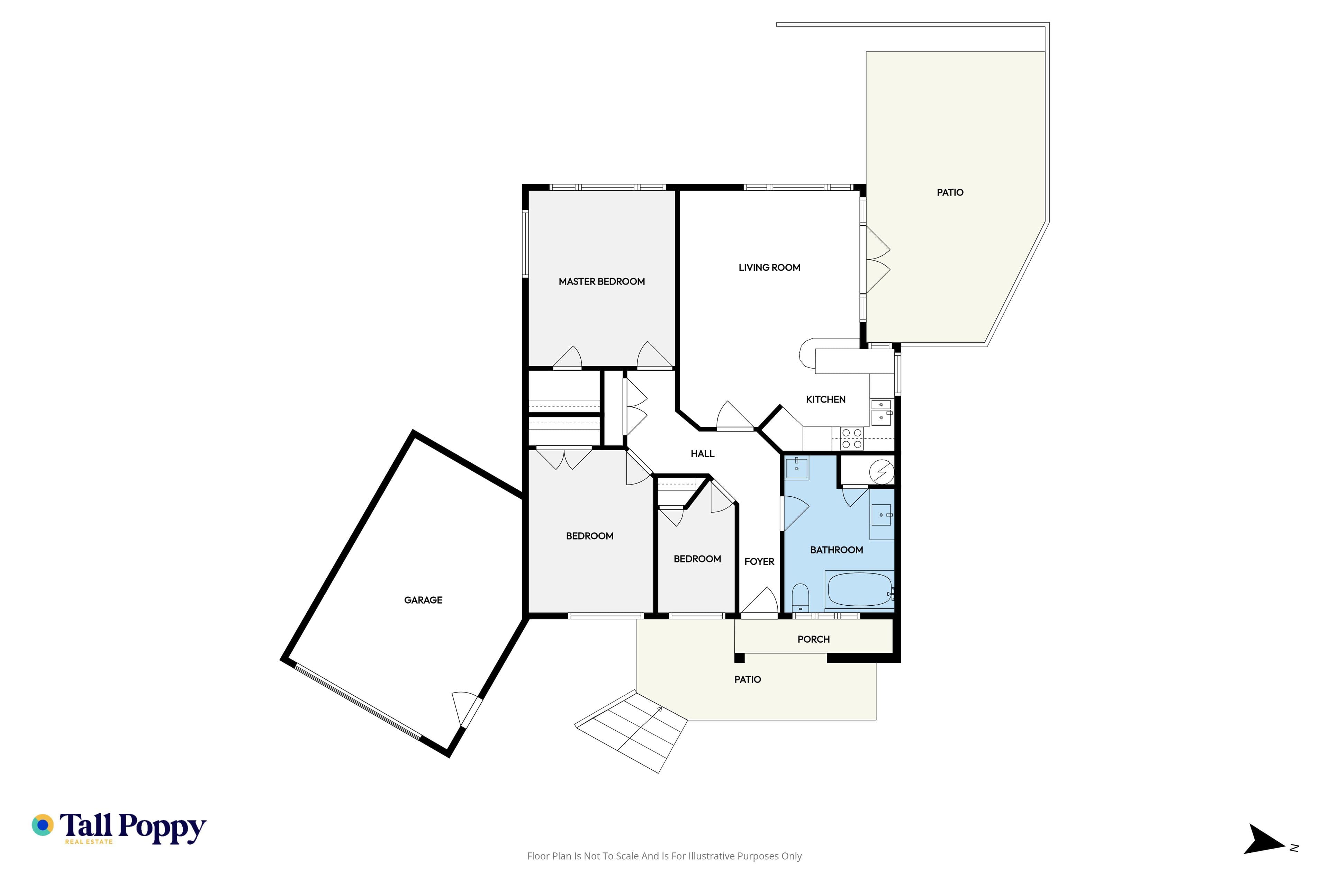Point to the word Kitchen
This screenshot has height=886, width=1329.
point(825,399)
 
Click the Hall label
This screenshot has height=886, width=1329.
point(702,454)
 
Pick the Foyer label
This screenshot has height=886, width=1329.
point(759,562)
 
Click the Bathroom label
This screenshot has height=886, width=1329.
point(836,550)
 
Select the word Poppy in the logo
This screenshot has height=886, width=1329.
point(162,828)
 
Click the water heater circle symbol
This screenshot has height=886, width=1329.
point(882,472)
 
